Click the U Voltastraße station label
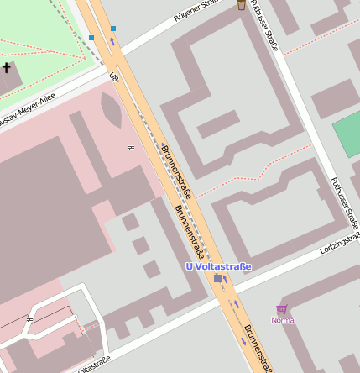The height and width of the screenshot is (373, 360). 218,266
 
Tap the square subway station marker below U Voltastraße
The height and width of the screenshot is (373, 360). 218,278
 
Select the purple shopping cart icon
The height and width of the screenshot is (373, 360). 282,309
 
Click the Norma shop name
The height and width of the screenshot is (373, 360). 283,320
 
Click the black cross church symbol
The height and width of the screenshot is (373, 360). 6,67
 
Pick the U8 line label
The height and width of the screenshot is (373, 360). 114,76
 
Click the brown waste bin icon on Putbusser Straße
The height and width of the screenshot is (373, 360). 242,4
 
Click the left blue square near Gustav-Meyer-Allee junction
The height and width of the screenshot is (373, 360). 91,38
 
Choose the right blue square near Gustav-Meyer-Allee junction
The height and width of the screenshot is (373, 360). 113,29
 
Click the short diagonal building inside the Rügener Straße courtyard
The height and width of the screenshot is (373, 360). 217,124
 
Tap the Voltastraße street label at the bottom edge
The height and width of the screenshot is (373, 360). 93,364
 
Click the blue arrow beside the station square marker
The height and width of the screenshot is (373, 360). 226,278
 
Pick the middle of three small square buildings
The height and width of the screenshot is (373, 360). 141,245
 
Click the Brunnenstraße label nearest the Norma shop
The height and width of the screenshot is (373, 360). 258,346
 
